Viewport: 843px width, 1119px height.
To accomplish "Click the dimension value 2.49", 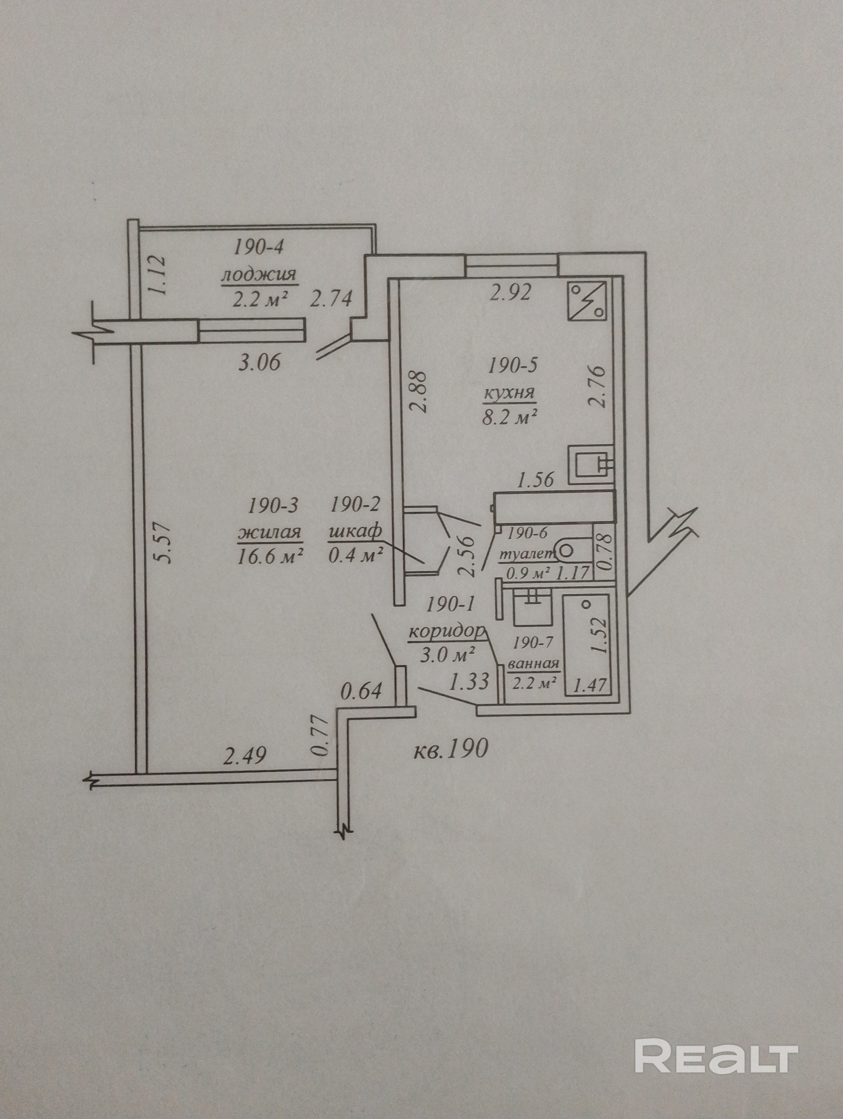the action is pos(245,756).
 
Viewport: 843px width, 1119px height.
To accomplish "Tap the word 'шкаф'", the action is pos(355,532).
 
